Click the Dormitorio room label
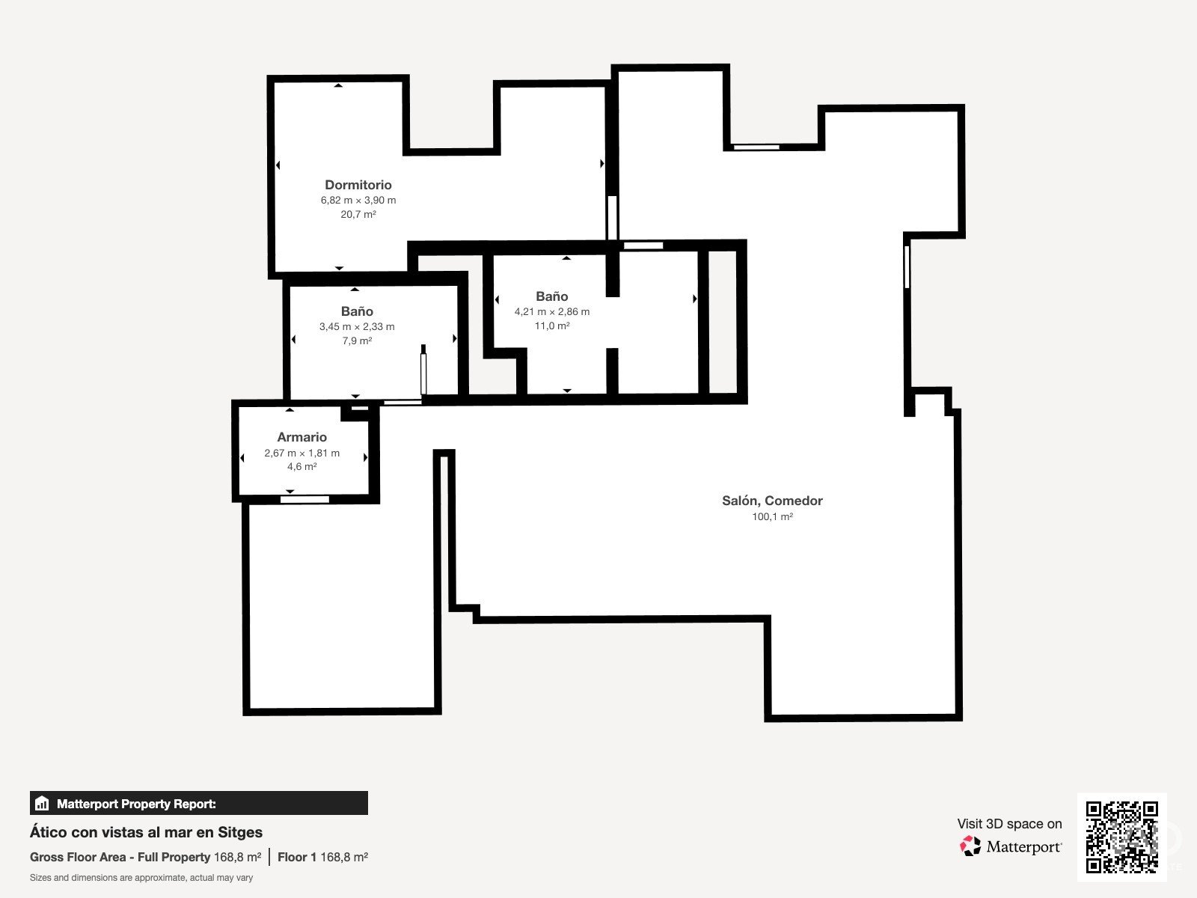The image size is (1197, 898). (x=358, y=185)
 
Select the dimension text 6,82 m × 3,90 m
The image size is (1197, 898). (x=358, y=200)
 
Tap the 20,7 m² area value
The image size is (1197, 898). (x=358, y=214)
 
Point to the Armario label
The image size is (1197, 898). (x=301, y=437)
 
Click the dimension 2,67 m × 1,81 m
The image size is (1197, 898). (x=301, y=453)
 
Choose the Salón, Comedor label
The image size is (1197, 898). (x=772, y=501)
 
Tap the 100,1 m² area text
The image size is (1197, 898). (x=772, y=516)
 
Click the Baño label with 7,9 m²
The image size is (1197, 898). (x=357, y=311)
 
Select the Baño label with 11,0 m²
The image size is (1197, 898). (x=552, y=296)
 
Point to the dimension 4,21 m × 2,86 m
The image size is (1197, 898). (x=552, y=312)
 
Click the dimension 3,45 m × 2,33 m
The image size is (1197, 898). (x=357, y=326)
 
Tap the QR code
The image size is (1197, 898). (x=1121, y=837)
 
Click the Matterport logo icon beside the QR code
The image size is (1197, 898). (x=970, y=846)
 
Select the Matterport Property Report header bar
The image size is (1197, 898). (x=199, y=803)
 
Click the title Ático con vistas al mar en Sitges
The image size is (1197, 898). (x=146, y=833)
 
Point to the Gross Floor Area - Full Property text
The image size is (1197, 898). (x=120, y=857)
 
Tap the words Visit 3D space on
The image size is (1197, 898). (x=1009, y=824)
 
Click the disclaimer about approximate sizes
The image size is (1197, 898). (x=141, y=878)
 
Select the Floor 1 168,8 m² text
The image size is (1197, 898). (x=323, y=857)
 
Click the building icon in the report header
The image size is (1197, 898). (x=42, y=803)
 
